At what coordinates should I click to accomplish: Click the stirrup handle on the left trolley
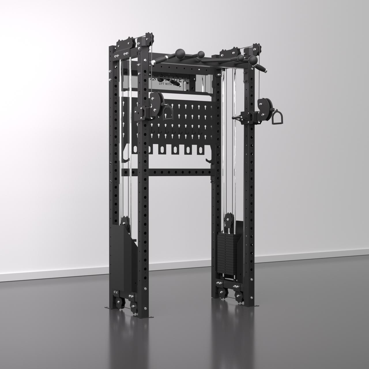(x=167, y=113)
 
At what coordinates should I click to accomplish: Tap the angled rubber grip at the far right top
(x=263, y=69)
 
